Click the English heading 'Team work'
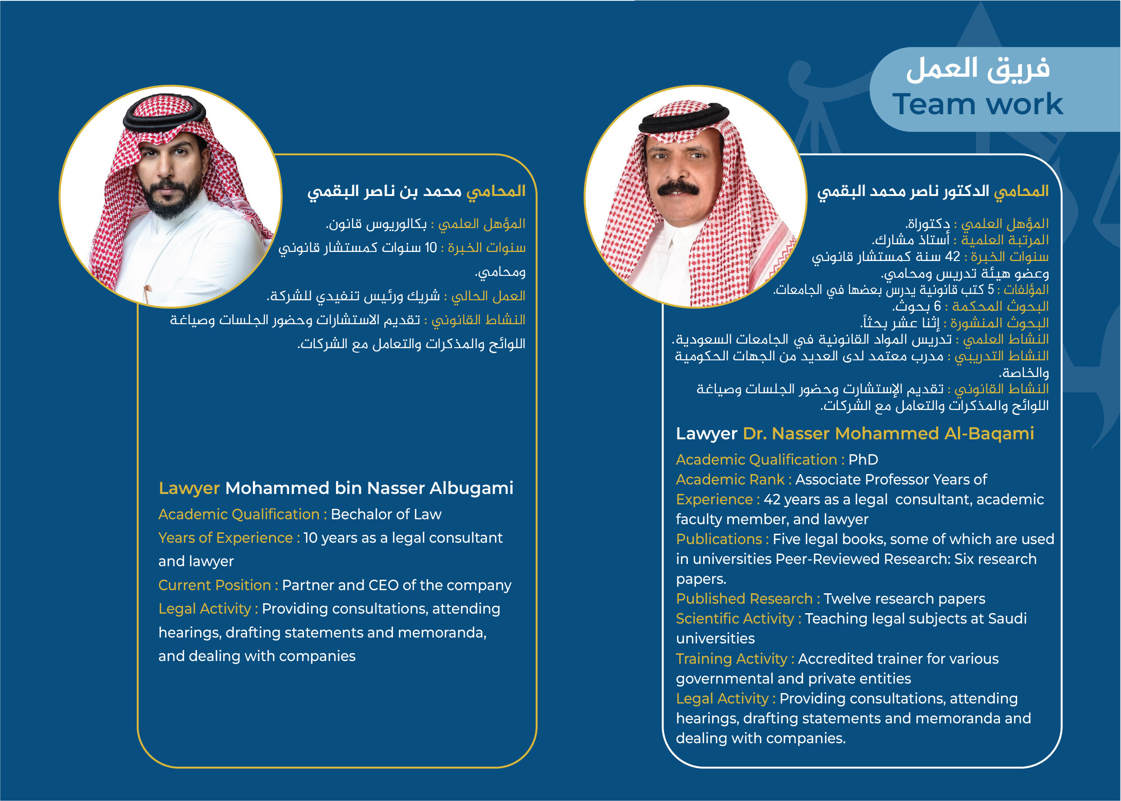(977, 105)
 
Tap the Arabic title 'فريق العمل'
(977, 69)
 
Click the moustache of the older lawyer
(678, 188)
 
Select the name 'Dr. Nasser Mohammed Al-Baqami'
(888, 433)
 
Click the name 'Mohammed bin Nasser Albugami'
(369, 488)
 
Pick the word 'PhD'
(863, 460)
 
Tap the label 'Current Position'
(215, 586)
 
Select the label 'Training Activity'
(731, 659)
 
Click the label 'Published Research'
(744, 599)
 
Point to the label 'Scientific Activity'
(735, 619)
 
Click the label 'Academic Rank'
(730, 480)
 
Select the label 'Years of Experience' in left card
(225, 538)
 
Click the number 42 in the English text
(772, 500)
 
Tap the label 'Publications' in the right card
(719, 540)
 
